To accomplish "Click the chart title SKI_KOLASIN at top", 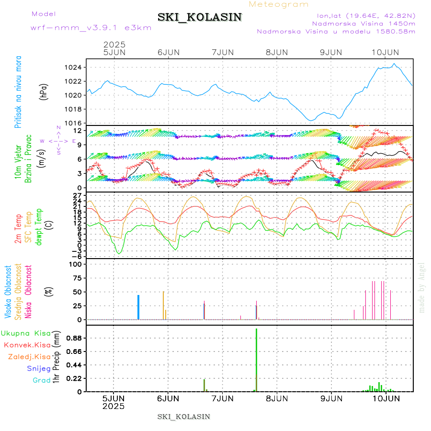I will click(200, 17).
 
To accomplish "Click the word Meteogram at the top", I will click(279, 4).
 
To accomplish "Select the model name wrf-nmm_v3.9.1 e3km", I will click(91, 28).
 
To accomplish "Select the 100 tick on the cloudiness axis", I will click(77, 264).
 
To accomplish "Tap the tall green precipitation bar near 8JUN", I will click(256, 359).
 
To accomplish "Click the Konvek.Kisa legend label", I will click(27, 345).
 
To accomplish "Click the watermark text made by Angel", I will click(421, 287).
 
